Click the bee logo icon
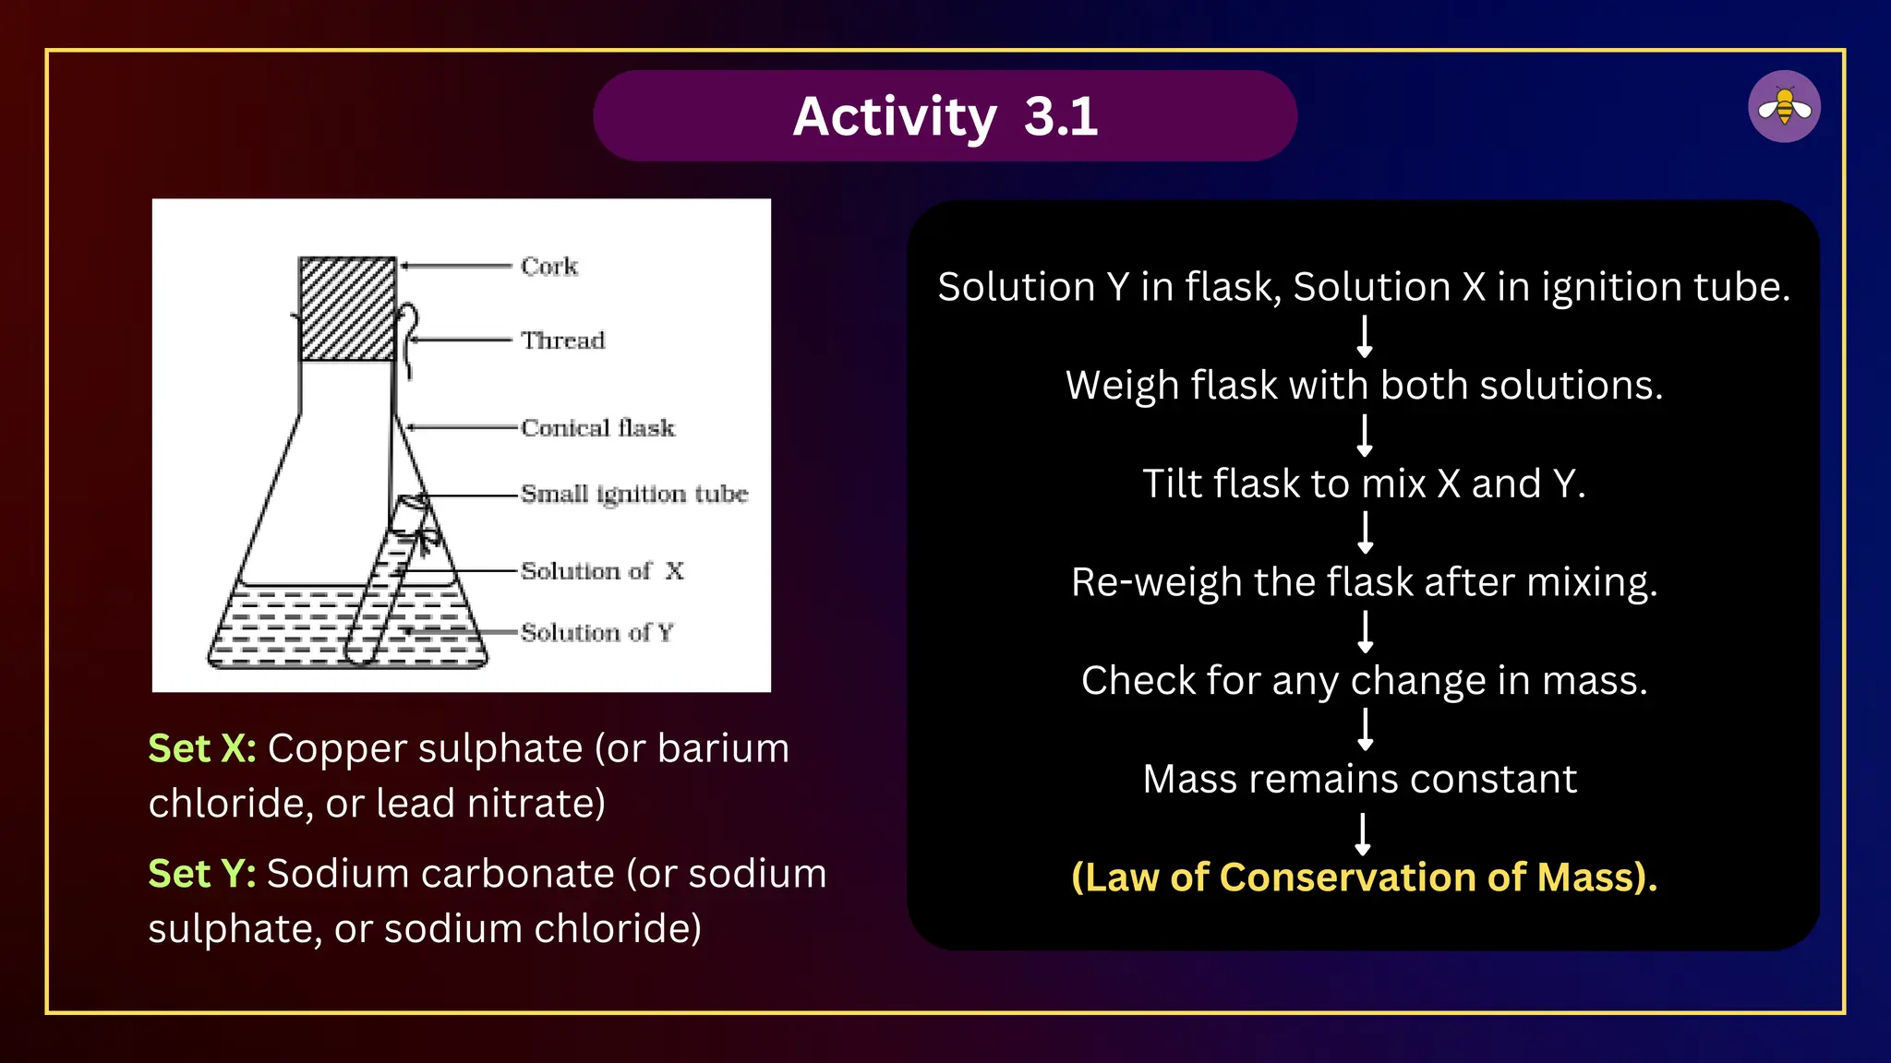1783,107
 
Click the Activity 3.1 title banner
945,116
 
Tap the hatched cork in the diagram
347,309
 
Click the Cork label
548,267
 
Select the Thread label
562,340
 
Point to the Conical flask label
597,428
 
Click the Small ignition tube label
633,495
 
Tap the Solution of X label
602,571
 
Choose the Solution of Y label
596,633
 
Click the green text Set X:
202,748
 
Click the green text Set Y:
202,874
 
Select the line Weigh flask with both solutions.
1364,386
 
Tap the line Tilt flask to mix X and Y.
1364,484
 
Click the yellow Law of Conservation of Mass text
1364,878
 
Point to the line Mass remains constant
1359,780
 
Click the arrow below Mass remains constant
1363,833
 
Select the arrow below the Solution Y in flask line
1365,336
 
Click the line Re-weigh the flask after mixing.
1364,583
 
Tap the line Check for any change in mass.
1364,681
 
